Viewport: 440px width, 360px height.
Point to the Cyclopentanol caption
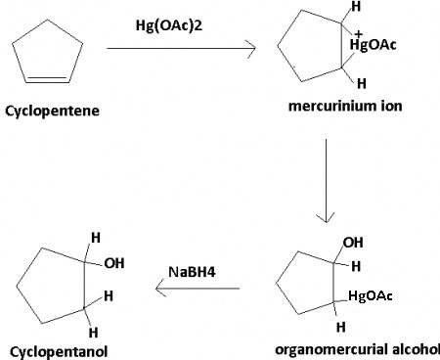pos(58,349)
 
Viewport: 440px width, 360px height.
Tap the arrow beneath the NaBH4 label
pos(196,289)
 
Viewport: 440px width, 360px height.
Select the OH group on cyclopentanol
pos(113,262)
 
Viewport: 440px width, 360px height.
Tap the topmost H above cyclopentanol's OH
pos(95,237)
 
